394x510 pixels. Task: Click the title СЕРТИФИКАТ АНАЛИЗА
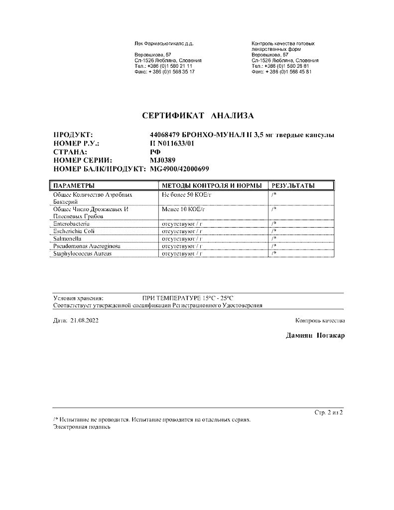pyautogui.click(x=198, y=116)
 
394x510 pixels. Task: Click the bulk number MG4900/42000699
pyautogui.click(x=180, y=169)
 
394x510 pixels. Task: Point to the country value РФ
pyautogui.click(x=155, y=151)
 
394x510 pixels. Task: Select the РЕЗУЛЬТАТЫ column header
pyautogui.click(x=293, y=186)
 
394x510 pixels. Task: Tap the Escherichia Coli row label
pyautogui.click(x=73, y=232)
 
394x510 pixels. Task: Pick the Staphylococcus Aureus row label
pyautogui.click(x=82, y=254)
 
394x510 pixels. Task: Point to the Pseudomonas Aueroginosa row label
pyautogui.click(x=86, y=247)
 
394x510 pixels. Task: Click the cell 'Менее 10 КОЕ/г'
pyautogui.click(x=183, y=210)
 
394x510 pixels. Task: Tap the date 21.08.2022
pyautogui.click(x=85, y=321)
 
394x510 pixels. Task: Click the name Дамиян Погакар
pyautogui.click(x=315, y=336)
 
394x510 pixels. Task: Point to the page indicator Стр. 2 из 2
pyautogui.click(x=329, y=413)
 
